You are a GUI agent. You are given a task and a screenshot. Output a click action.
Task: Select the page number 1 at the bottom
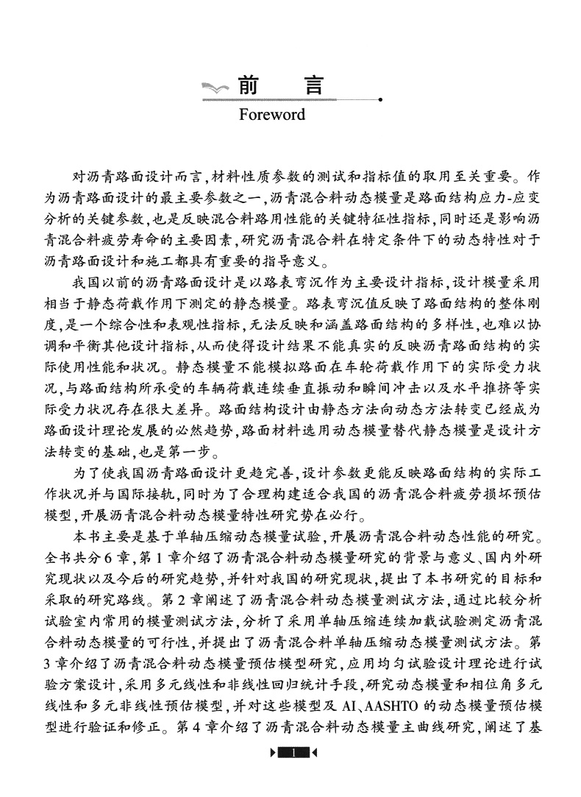(x=293, y=773)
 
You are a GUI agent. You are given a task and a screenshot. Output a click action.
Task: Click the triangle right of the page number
(x=314, y=773)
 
